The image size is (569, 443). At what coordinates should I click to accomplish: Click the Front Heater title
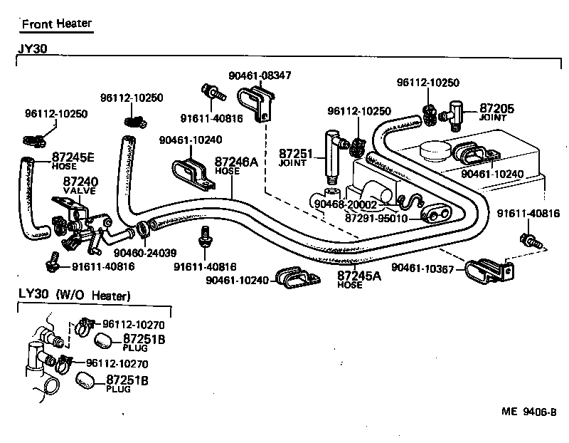point(56,24)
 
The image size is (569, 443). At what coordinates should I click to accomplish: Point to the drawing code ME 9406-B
point(528,411)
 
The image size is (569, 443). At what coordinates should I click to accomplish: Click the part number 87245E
point(73,157)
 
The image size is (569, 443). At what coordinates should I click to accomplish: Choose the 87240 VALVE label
point(80,186)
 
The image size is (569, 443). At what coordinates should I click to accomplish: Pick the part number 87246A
point(235,162)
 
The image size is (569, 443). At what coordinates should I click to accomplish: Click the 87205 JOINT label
point(496,111)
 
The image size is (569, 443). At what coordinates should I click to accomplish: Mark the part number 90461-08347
point(260,75)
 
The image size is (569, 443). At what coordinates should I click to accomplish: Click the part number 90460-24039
point(145,253)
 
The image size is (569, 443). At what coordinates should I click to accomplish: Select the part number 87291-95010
point(376,218)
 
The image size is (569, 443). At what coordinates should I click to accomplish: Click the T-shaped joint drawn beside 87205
point(454,111)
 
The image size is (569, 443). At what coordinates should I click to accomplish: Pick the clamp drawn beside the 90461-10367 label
point(489,273)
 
